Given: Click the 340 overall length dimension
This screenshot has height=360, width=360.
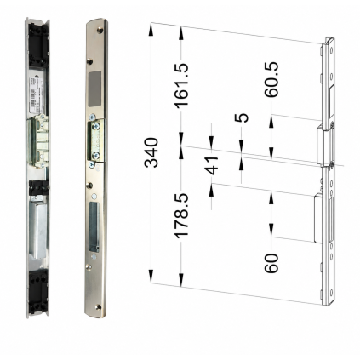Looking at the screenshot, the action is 151,152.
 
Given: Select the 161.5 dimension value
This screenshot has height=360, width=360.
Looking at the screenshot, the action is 181,85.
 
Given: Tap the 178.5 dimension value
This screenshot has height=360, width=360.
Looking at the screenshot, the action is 181,215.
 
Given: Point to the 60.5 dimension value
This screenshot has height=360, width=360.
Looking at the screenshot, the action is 271,79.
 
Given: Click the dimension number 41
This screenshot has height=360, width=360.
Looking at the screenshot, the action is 212,165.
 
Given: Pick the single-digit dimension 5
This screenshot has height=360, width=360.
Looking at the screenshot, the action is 242,117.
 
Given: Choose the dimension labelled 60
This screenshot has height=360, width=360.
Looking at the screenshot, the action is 271,263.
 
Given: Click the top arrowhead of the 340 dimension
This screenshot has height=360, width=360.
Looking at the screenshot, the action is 151,30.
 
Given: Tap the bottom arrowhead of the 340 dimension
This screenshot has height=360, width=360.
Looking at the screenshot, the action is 151,276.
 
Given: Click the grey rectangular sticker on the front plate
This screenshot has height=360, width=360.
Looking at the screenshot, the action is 94,89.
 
